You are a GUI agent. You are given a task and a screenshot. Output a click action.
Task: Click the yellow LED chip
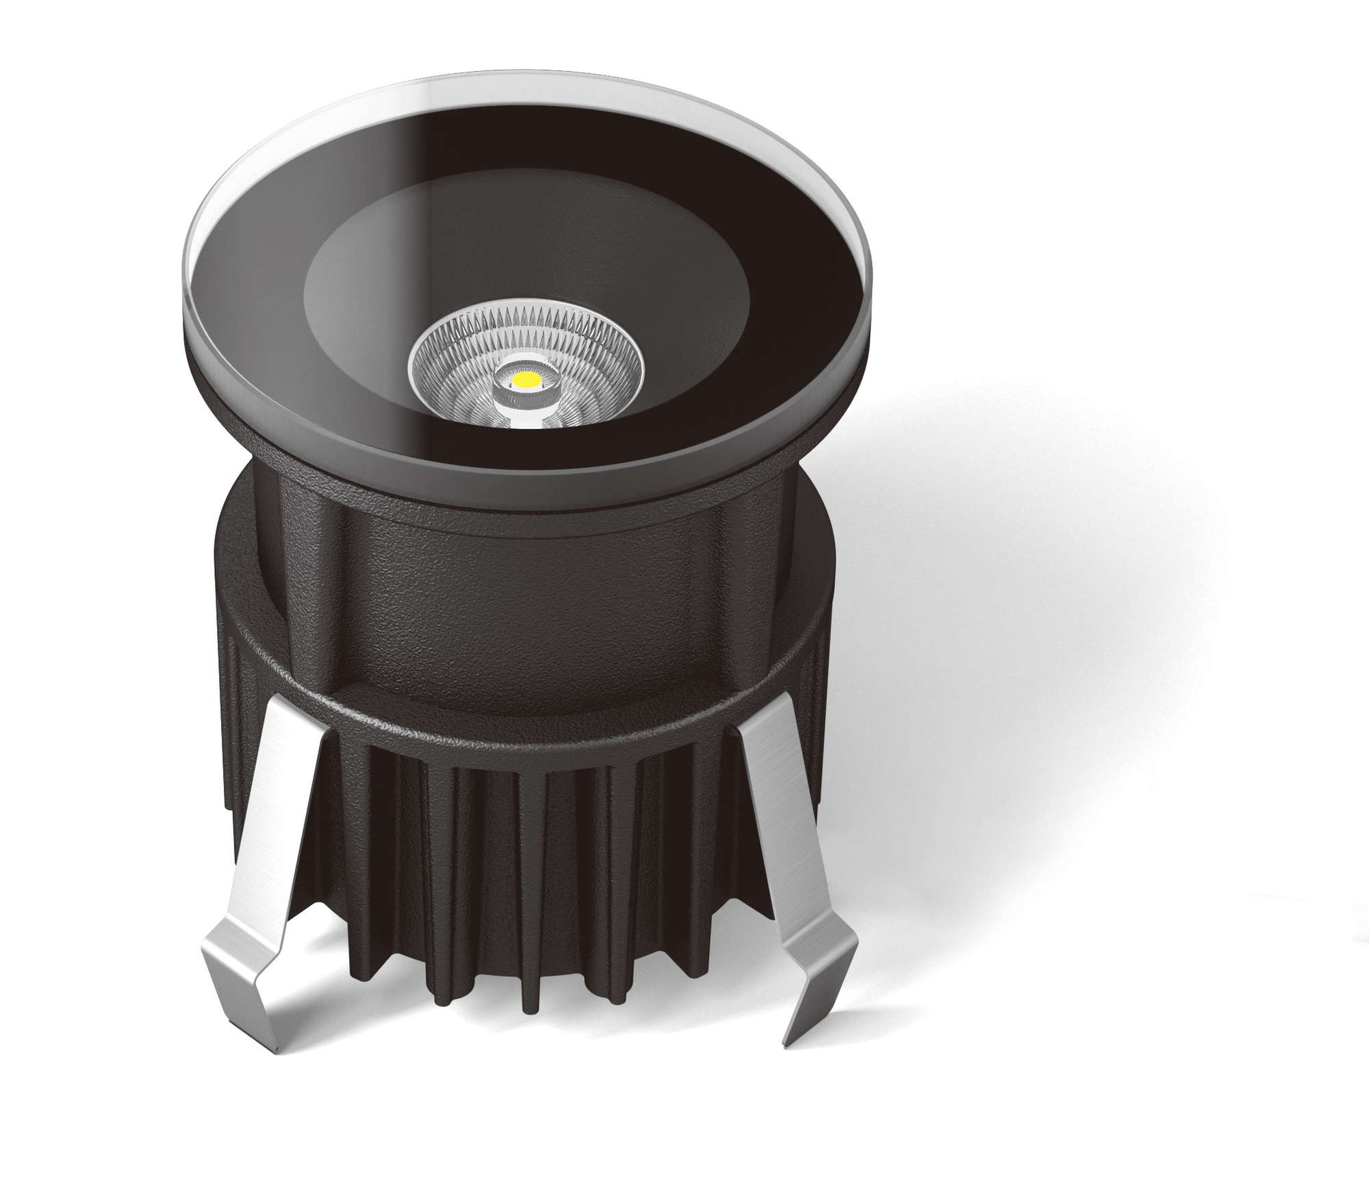point(526,378)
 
